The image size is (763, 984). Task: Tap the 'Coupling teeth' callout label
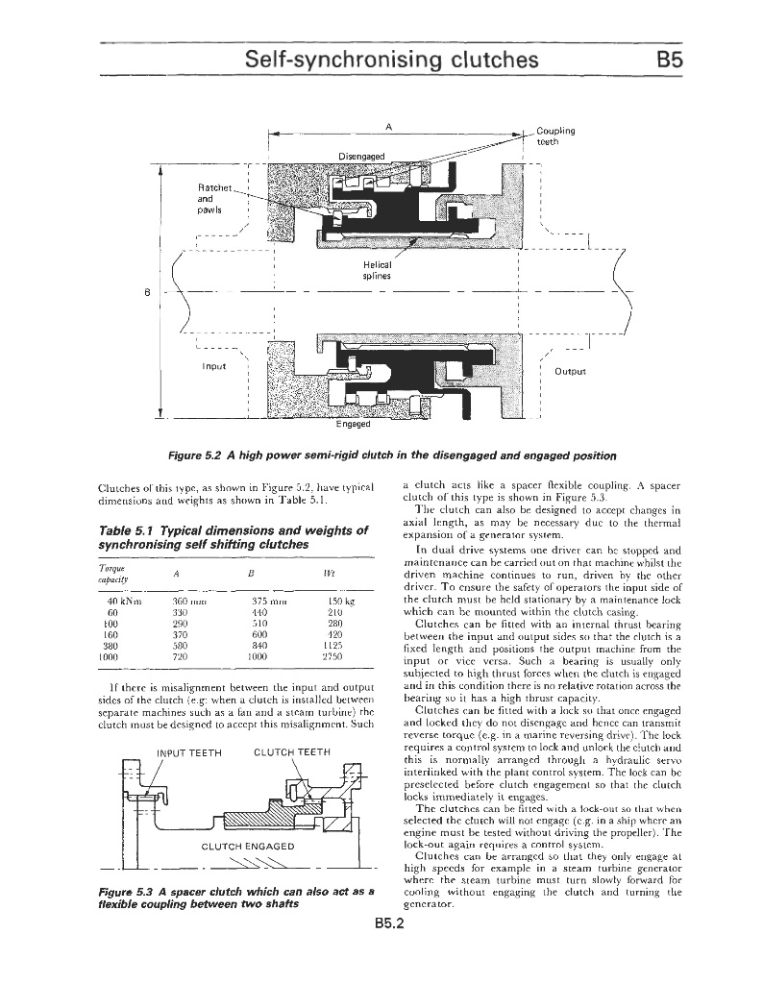coord(555,136)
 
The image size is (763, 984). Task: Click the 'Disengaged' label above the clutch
coord(360,156)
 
